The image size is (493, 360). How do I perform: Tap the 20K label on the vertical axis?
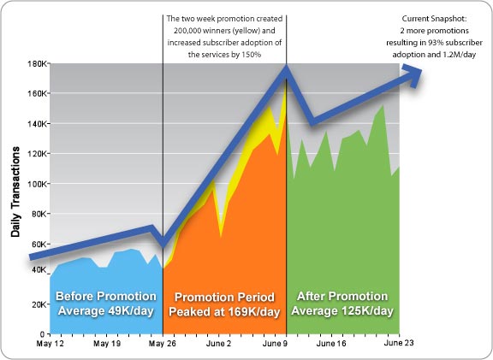coord(39,304)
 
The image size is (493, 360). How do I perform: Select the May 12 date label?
coord(50,344)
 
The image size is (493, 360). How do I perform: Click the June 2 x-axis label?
coord(218,344)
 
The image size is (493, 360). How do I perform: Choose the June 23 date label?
coord(399,343)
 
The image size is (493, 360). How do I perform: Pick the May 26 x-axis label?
coord(163,344)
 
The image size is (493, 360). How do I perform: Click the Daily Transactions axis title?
coord(15,192)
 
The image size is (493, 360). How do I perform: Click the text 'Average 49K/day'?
coord(105,311)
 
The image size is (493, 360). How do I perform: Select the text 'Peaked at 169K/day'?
coord(224,312)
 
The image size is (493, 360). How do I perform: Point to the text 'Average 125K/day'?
coord(342,311)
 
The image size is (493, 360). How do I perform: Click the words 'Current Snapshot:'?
coord(435,19)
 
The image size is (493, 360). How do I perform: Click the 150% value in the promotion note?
coord(252,55)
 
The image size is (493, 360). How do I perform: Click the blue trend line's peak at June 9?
coord(286,68)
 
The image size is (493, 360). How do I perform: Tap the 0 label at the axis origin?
coord(43,334)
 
